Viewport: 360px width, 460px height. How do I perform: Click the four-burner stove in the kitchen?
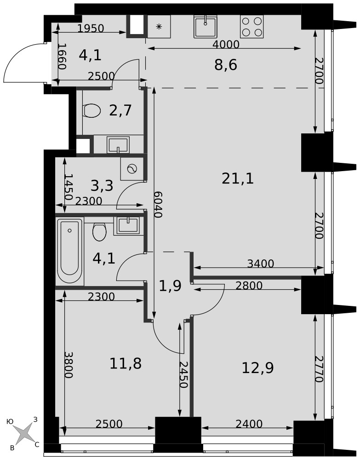coord(251,26)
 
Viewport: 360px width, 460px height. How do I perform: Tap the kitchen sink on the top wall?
coord(205,26)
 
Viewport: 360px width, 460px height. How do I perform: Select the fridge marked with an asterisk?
coord(159,26)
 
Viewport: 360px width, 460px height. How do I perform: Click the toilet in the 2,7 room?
coord(92,110)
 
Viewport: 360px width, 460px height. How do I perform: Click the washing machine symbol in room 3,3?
coord(132,169)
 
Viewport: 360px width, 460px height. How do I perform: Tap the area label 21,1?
coord(237,178)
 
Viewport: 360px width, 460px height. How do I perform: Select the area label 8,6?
coord(225,65)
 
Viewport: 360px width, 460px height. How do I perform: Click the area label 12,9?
coord(257,368)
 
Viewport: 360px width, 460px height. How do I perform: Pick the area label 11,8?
coord(126,363)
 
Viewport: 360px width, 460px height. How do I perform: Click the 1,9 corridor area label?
coord(170,286)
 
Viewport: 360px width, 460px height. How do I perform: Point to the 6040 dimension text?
coord(158,205)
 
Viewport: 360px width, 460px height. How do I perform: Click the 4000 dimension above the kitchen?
coord(226,44)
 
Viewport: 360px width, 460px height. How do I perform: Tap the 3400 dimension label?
coord(261,264)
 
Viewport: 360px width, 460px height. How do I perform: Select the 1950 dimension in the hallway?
coord(91,29)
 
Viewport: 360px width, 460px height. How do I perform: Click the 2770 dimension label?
coord(319,369)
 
